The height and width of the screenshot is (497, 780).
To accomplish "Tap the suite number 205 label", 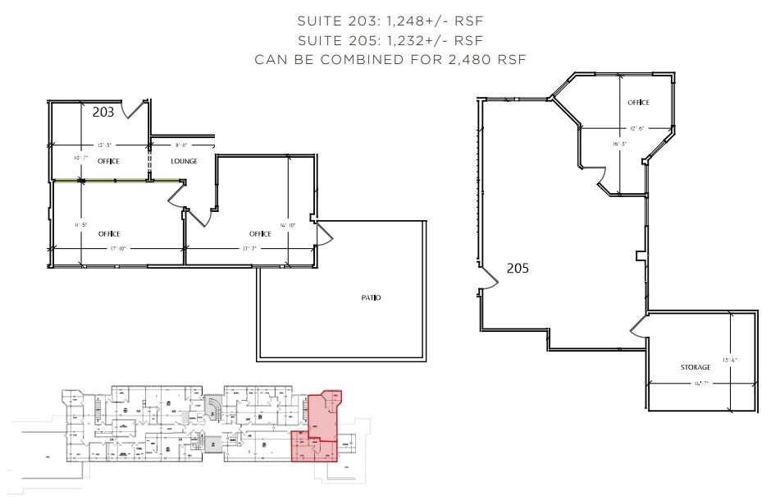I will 517,268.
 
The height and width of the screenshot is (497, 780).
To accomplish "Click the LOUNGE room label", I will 184,161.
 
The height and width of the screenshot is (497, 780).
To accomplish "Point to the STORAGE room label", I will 696,366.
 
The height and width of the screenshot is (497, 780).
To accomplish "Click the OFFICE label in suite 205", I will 638,103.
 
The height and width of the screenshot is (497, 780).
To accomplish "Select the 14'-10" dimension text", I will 287,225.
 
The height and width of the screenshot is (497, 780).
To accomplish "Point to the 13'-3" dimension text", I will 104,145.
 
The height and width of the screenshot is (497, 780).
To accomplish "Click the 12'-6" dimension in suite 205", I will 639,128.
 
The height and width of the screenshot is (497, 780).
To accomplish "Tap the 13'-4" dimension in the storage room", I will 728,359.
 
